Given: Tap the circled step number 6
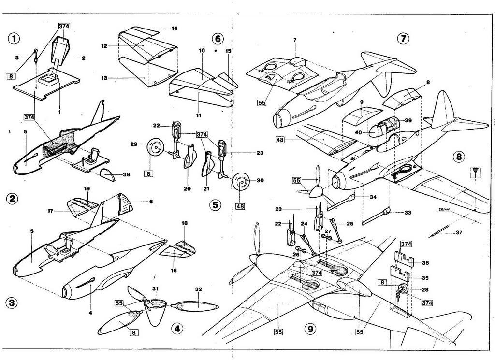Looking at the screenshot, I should [218, 39].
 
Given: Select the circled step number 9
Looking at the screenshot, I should [309, 329].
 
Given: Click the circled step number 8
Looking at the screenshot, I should [459, 157].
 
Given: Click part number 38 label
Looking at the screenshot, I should [126, 174].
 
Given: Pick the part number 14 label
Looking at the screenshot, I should [174, 29].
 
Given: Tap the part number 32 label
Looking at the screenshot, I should [198, 290].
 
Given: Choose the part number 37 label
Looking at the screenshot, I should [459, 233].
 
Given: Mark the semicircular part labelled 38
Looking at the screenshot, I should [110, 174].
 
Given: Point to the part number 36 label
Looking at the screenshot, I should [425, 263].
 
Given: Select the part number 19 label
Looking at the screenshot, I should [87, 189].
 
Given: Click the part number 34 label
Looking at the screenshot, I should [373, 197].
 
